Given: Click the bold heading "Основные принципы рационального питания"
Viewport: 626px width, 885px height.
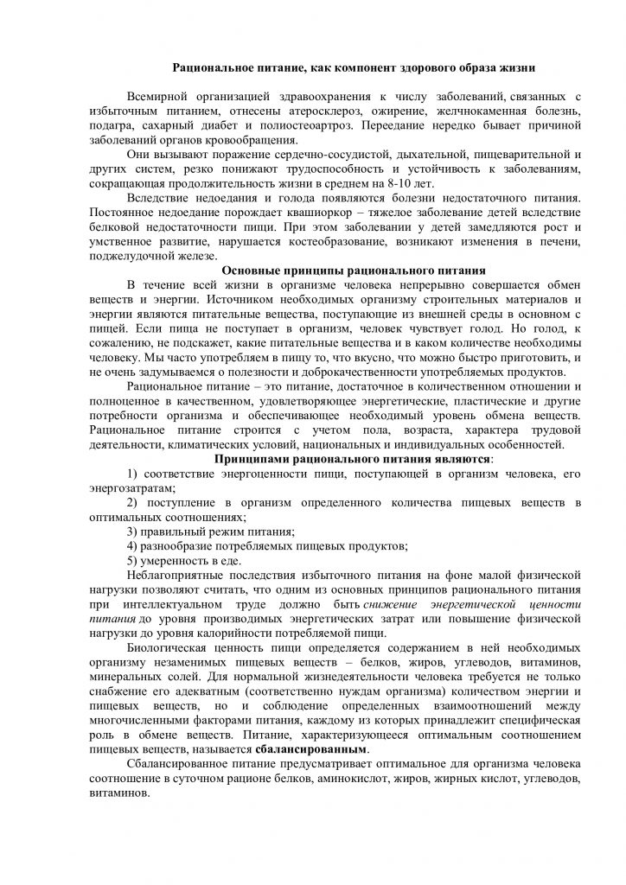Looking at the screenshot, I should (x=348, y=269).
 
